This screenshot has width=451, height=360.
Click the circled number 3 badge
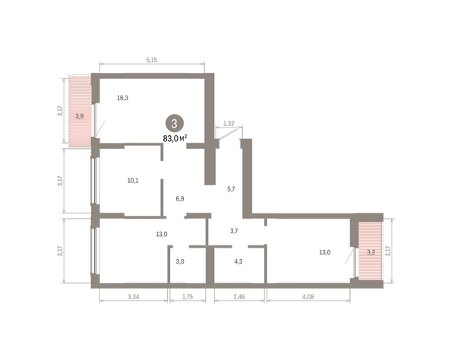tap(175, 123)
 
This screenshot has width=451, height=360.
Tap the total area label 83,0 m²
tap(175, 138)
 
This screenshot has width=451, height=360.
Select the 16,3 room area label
tap(123, 97)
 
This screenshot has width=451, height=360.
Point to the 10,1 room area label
tap(132, 181)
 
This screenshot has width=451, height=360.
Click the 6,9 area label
tap(181, 198)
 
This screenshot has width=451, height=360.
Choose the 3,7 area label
tap(235, 231)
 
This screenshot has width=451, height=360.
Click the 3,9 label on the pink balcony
tap(79, 115)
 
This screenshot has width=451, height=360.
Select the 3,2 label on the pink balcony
tap(371, 251)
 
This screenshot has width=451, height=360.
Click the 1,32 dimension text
tap(227, 122)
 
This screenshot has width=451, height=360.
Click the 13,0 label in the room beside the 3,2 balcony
tap(324, 252)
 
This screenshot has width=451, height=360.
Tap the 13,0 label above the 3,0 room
tap(161, 234)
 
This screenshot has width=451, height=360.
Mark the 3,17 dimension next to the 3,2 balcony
tap(388, 250)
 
